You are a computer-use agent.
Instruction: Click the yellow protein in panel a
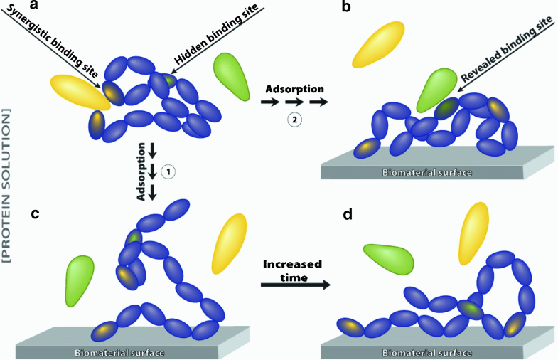click(x=78, y=92)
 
